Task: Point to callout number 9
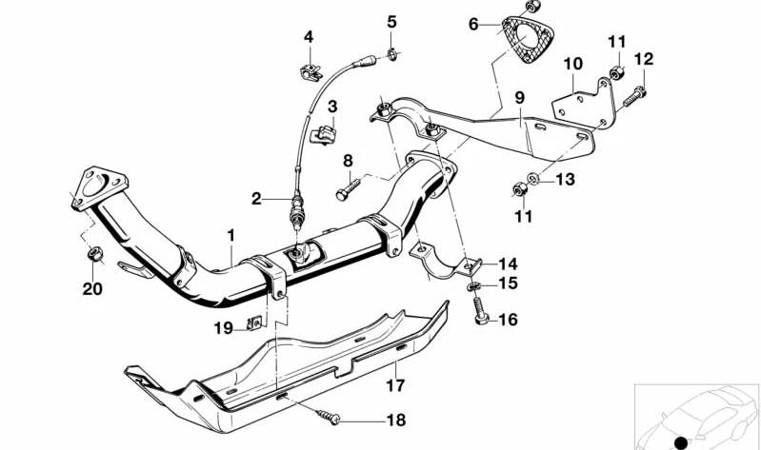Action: (520, 97)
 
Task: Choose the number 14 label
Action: (506, 264)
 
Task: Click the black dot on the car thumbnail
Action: (680, 440)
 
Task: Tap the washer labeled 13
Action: (535, 178)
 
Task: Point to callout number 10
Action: (572, 65)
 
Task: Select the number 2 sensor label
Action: (256, 199)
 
